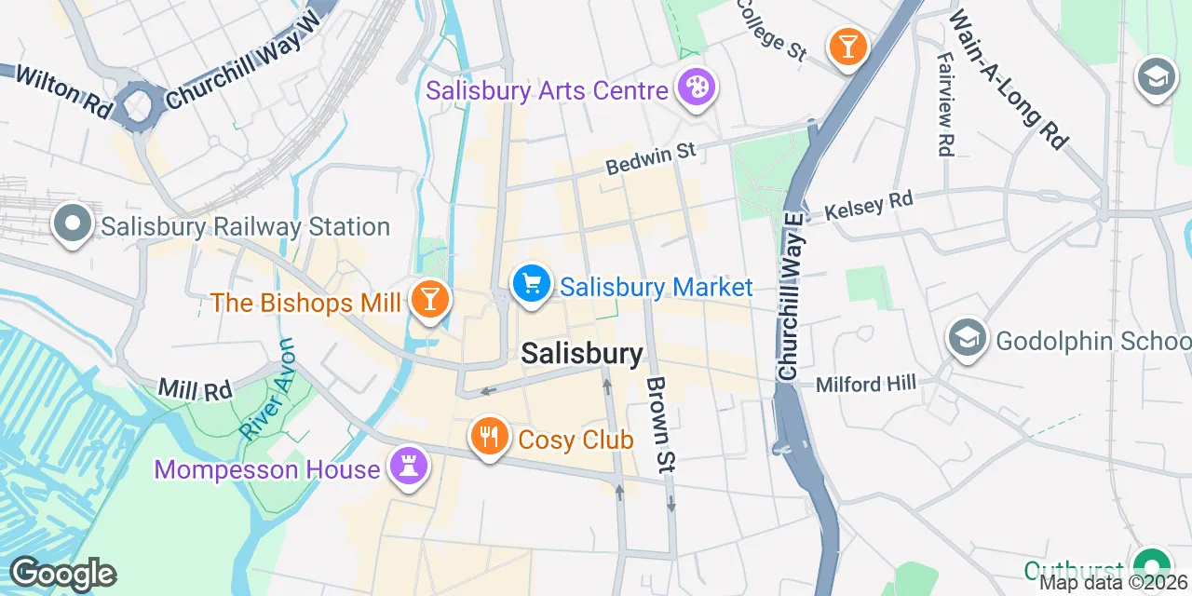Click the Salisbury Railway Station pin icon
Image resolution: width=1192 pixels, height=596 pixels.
pyautogui.click(x=73, y=224)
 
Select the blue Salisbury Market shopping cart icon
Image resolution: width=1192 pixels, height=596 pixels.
pyautogui.click(x=532, y=284)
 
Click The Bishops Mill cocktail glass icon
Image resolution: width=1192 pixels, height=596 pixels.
pyautogui.click(x=429, y=300)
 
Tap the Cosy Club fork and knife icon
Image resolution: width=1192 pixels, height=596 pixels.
pyautogui.click(x=488, y=436)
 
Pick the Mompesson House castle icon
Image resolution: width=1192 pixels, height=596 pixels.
pyautogui.click(x=407, y=466)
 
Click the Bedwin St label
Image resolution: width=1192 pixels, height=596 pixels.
pyautogui.click(x=651, y=158)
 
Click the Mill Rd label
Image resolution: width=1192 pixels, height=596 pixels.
pyautogui.click(x=195, y=388)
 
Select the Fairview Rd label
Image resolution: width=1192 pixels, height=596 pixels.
pyautogui.click(x=945, y=103)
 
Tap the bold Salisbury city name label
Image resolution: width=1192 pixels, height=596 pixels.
pyautogui.click(x=581, y=354)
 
